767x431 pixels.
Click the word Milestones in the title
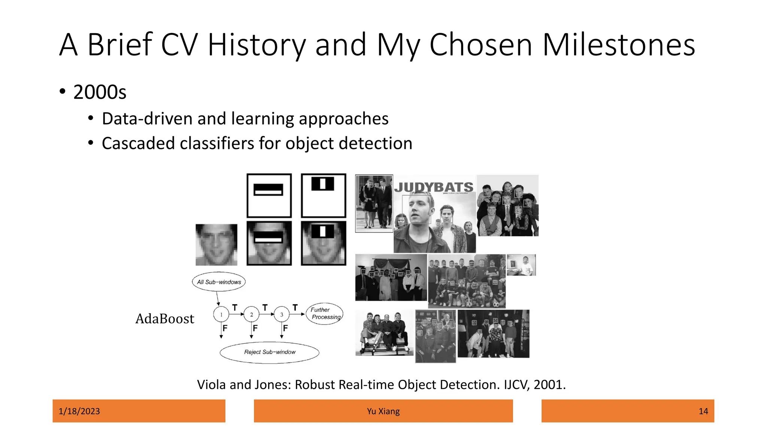[618, 45]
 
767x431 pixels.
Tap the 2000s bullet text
[100, 92]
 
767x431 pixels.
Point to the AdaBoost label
[165, 319]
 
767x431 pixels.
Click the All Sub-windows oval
[219, 282]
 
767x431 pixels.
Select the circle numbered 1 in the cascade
[221, 314]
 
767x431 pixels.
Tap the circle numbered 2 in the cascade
[251, 314]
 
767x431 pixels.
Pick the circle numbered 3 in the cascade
[282, 314]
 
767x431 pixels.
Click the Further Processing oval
[325, 314]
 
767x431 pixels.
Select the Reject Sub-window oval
[270, 352]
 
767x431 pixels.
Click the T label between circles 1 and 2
[235, 308]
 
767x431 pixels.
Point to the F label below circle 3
[285, 328]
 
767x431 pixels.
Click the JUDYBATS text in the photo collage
[434, 187]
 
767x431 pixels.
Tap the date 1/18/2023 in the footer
[79, 411]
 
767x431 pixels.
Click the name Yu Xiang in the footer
[383, 411]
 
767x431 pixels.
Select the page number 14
[703, 411]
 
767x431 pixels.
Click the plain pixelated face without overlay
[216, 245]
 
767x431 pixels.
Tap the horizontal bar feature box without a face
[269, 195]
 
